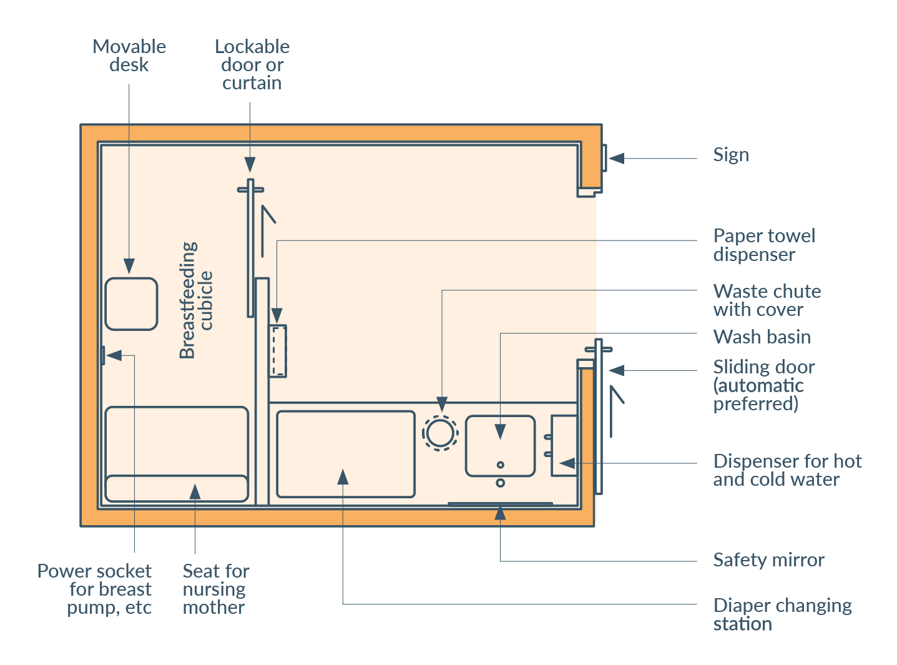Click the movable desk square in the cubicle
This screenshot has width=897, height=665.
click(x=131, y=304)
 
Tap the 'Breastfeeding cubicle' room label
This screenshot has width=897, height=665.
click(x=196, y=300)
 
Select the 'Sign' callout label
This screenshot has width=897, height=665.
click(x=731, y=155)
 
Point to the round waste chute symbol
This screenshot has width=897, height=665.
click(x=441, y=433)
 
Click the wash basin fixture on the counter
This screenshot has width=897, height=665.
click(x=500, y=446)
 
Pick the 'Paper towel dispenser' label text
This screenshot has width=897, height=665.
click(x=764, y=245)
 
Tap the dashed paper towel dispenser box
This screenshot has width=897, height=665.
click(x=278, y=351)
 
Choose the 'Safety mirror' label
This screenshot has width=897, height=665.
click(x=768, y=560)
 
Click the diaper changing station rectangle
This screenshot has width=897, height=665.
click(x=346, y=454)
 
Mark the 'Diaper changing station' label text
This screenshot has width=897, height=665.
click(x=782, y=614)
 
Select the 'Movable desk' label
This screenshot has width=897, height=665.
click(x=129, y=56)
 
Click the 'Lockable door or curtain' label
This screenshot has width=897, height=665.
click(x=252, y=65)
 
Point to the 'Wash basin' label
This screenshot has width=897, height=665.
click(x=762, y=337)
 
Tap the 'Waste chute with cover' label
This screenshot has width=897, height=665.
click(x=767, y=300)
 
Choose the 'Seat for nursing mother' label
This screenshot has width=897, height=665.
click(x=216, y=589)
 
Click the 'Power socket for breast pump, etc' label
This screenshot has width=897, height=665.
click(x=95, y=589)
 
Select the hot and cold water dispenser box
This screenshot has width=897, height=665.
click(x=564, y=446)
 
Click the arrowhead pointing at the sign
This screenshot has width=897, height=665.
click(x=617, y=159)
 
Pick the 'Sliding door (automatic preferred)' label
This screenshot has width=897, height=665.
click(x=764, y=385)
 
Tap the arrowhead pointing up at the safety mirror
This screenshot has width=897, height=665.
click(x=500, y=513)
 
